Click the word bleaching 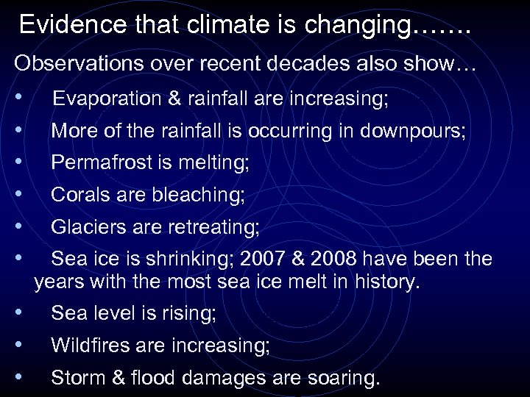198,196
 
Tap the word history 386,280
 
